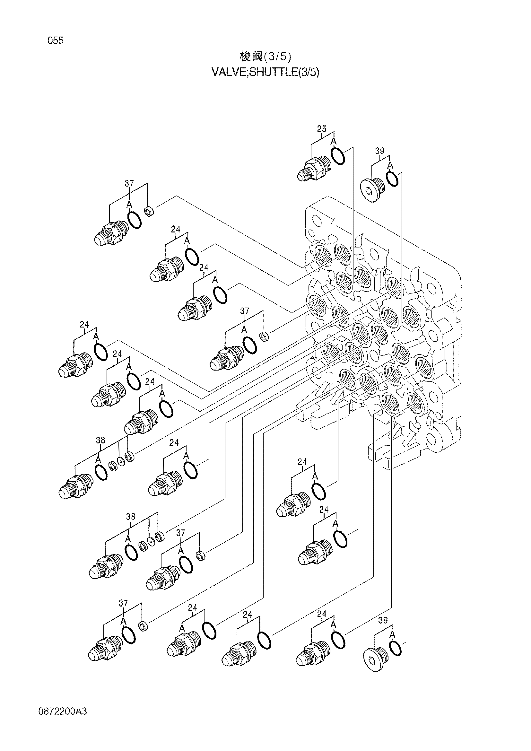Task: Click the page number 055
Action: coord(56,41)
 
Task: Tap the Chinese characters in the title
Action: coord(251,57)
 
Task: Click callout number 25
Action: coord(322,129)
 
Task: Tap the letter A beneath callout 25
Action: coord(334,141)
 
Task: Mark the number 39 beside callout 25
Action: coord(379,151)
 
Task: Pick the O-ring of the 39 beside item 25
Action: coord(392,179)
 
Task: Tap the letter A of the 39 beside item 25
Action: coord(390,166)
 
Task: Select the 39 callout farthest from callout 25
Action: coord(383,621)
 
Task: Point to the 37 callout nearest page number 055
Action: coord(129,184)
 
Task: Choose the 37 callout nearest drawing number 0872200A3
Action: coord(123,603)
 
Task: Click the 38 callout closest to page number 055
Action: coord(100,441)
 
